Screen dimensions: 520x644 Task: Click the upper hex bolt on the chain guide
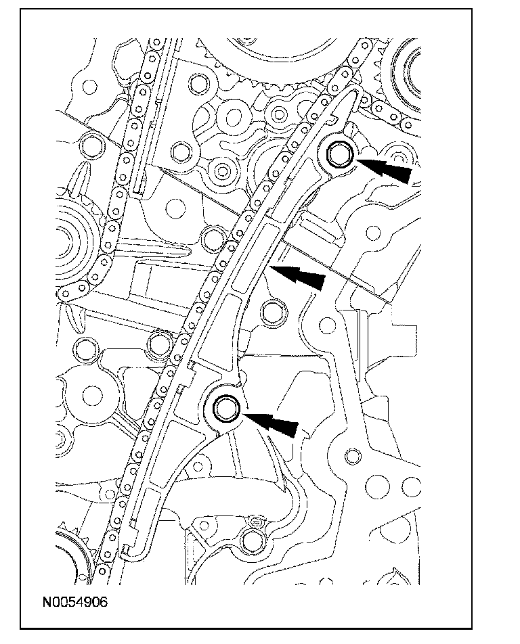click(x=339, y=155)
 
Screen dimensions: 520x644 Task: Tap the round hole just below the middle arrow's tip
click(x=272, y=312)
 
